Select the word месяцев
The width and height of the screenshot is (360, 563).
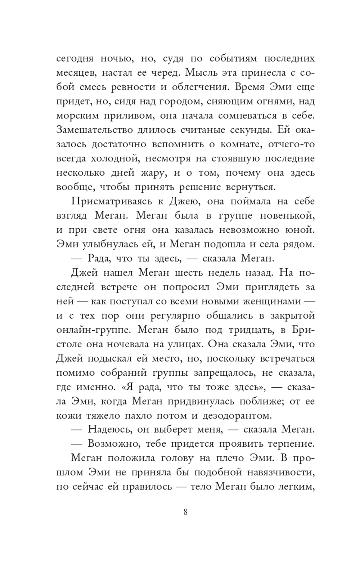click(76, 73)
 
